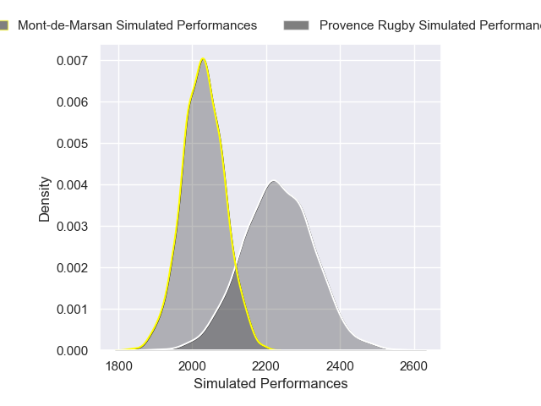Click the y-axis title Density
pyautogui.click(x=45, y=199)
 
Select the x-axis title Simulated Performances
pyautogui.click(x=270, y=383)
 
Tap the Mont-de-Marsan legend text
pyautogui.click(x=137, y=25)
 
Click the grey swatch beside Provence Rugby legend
pyautogui.click(x=297, y=25)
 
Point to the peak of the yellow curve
pyautogui.click(x=203, y=58)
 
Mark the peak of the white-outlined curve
pyautogui.click(x=273, y=180)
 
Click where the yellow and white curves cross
pyautogui.click(x=235, y=269)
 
